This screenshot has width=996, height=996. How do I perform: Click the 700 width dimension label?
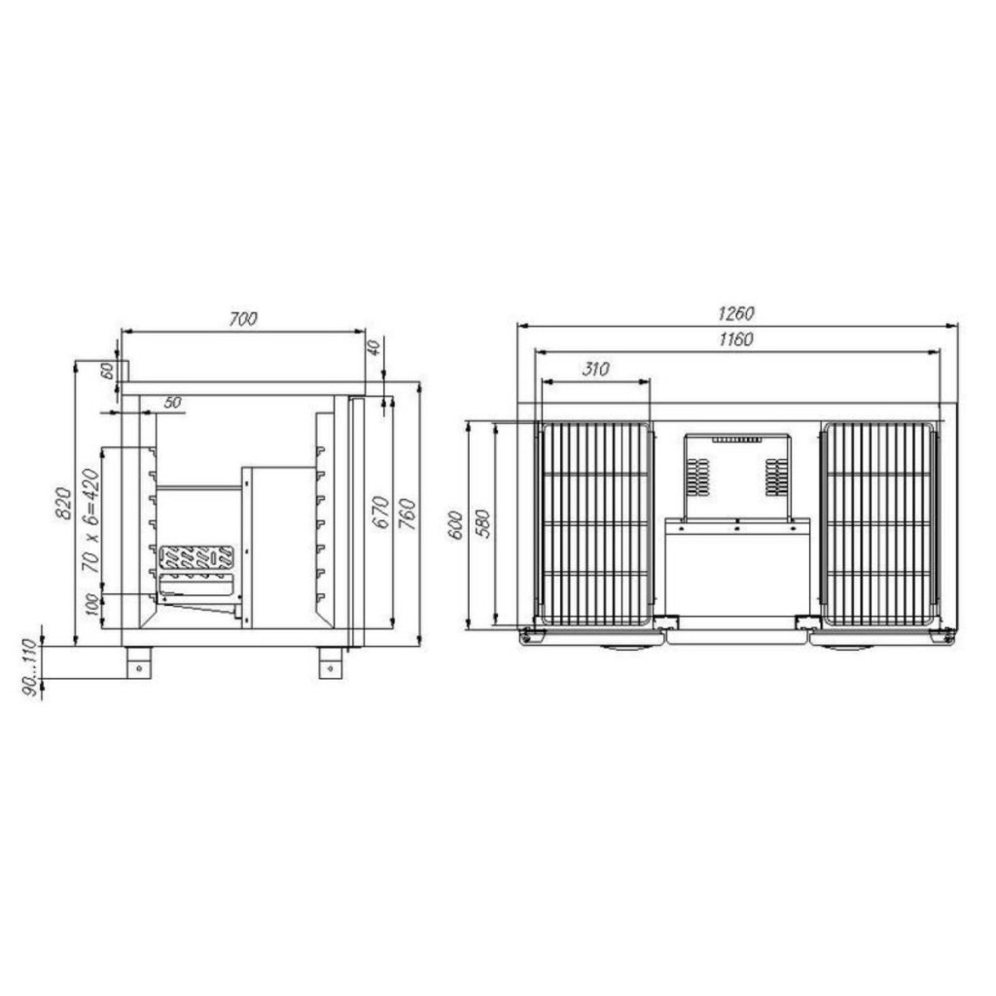[x=243, y=318]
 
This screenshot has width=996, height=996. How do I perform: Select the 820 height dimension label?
[x=63, y=503]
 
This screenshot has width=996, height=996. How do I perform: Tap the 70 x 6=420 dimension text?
[x=90, y=521]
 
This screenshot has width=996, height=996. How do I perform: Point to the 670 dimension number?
[x=380, y=512]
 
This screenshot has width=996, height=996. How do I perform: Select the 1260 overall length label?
[x=736, y=313]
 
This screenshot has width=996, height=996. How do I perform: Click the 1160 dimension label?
[x=736, y=339]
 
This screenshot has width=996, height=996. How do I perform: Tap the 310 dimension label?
[x=595, y=369]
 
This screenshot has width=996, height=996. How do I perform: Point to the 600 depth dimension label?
[x=455, y=524]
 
